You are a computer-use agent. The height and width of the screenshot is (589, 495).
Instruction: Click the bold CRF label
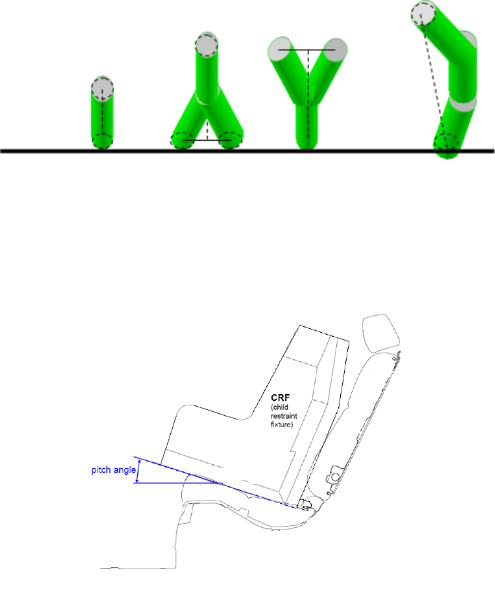pos(281,398)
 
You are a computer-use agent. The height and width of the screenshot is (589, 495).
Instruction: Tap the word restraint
pos(284,416)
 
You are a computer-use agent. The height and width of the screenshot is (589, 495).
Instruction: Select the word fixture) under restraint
pos(281,425)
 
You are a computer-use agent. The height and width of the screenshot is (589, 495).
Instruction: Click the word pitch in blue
pos(102,470)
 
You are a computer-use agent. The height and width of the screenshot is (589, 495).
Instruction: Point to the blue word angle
pos(125,470)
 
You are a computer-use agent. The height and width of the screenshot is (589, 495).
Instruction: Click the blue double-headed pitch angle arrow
pos(138,471)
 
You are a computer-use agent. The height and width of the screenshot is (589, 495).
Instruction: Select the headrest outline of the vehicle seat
pos(381,333)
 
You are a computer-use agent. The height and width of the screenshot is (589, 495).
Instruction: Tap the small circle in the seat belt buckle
pos(335,477)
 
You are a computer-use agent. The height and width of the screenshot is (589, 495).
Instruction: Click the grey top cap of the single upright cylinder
pos(102,88)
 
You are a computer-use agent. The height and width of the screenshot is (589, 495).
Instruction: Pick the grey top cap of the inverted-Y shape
pos(206,45)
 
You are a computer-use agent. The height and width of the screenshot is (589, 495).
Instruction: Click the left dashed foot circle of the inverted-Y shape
pos(183,141)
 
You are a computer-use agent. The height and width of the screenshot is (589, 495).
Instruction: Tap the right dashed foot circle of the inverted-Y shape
pos(230,140)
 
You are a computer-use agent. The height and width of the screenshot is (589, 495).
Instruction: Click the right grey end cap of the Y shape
pos(335,50)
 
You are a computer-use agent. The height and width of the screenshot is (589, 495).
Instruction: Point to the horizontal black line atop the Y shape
pos(306,50)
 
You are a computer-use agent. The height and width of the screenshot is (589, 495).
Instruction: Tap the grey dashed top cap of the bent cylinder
pos(423,13)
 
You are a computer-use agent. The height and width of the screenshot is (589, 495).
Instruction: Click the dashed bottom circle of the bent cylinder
pos(446,143)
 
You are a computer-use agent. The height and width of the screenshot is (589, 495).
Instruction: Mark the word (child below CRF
pos(279,407)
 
